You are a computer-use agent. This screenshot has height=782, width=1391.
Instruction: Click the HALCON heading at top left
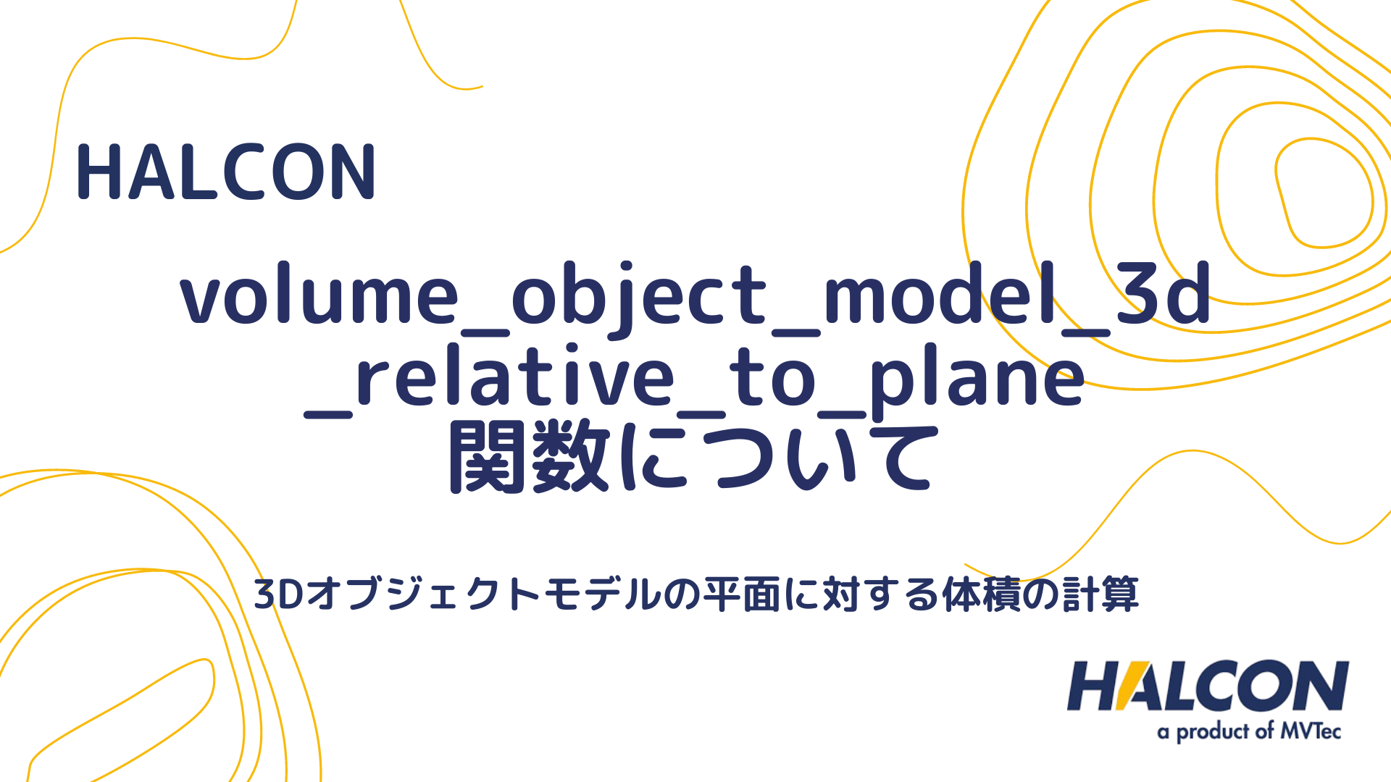pyautogui.click(x=226, y=172)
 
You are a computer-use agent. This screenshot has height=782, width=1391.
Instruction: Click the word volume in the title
pyautogui.click(x=319, y=295)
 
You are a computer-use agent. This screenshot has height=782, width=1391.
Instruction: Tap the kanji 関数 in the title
pyautogui.click(x=529, y=458)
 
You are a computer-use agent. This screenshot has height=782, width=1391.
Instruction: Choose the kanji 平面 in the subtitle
pyautogui.click(x=743, y=594)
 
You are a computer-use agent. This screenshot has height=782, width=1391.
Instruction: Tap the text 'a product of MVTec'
pyautogui.click(x=1249, y=731)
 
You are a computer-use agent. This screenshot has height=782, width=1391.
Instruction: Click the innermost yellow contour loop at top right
pyautogui.click(x=1323, y=193)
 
